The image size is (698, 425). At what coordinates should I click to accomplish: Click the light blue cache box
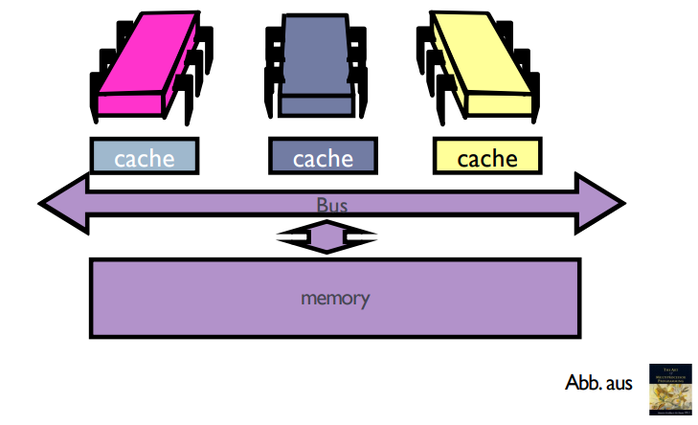[x=145, y=157]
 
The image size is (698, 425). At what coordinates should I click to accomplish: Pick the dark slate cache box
[x=323, y=157]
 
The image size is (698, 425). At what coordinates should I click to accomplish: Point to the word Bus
[x=332, y=204]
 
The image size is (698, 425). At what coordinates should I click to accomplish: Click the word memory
[x=335, y=298]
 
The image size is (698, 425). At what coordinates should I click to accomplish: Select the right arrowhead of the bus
[x=603, y=203]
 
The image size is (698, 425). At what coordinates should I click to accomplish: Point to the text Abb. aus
[x=599, y=384]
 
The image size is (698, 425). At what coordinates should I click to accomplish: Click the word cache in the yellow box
[x=486, y=158]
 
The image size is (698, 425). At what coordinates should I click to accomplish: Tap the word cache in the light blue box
[x=145, y=158]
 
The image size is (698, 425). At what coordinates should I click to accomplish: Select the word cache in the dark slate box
[x=323, y=158]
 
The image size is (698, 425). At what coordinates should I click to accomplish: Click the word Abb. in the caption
[x=583, y=384]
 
